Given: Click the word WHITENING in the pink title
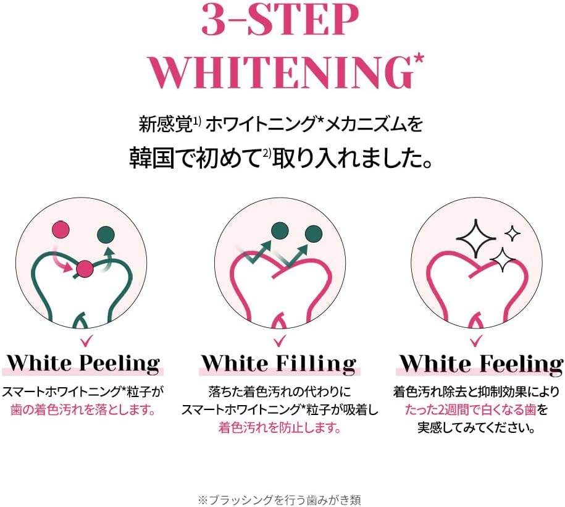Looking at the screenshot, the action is [280, 73].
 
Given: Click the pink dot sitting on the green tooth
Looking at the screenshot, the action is [85, 269].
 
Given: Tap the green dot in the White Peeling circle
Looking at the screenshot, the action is [106, 235].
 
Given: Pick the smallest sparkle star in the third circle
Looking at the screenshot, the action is [513, 234].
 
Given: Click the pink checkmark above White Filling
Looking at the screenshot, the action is [280, 340].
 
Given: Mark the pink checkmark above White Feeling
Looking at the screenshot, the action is [476, 340].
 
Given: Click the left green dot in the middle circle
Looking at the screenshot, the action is [280, 230].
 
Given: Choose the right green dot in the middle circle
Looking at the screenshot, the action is [314, 234].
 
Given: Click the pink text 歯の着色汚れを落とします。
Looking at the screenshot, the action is [83, 410].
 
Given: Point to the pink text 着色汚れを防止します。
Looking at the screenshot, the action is [280, 428].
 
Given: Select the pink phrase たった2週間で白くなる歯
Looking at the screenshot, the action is [471, 410].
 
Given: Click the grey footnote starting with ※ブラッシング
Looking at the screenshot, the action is [279, 500].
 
